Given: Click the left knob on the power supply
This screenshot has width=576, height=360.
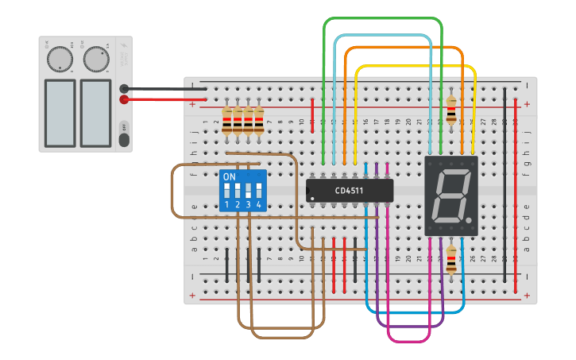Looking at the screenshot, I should (59, 60).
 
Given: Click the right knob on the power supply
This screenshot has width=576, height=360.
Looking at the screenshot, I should (95, 59).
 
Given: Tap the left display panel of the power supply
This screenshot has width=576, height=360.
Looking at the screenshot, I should (60, 112).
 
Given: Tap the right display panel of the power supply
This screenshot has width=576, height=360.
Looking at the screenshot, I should (95, 112).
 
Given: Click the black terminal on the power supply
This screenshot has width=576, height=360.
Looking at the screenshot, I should (124, 89).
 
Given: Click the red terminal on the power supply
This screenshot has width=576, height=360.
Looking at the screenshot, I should (124, 99).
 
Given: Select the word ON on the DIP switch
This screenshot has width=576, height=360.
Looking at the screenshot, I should (229, 176).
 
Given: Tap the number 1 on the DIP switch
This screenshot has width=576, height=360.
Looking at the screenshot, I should (226, 205).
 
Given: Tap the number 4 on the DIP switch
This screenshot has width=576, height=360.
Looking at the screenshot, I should (258, 205).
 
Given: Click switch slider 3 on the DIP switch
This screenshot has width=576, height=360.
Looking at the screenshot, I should (248, 191).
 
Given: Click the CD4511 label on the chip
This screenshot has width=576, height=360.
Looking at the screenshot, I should (350, 191).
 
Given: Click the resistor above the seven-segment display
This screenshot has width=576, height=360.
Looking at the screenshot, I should (453, 110).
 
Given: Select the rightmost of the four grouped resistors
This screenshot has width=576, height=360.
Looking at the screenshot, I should (259, 119).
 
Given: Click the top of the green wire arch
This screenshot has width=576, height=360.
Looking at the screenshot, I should (382, 18).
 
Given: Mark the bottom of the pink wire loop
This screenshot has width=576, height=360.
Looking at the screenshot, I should (408, 341).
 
